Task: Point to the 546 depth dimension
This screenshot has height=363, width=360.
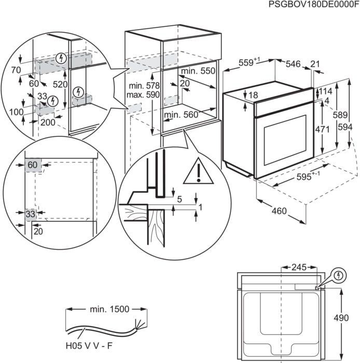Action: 293,64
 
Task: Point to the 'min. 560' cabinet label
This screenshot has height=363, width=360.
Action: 181,115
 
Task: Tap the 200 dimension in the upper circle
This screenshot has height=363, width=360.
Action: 47,122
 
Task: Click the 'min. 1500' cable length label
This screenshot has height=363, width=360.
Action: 109,309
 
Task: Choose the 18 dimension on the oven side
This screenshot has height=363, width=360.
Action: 253,95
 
